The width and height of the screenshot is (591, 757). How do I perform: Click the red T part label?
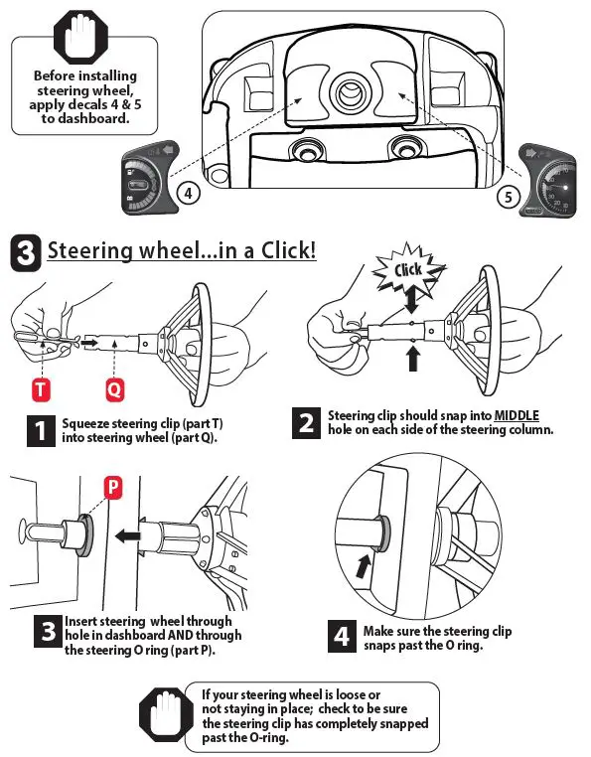pyautogui.click(x=41, y=390)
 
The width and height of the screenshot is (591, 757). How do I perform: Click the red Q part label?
pyautogui.click(x=115, y=390)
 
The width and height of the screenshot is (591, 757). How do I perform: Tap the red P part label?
pyautogui.click(x=113, y=488)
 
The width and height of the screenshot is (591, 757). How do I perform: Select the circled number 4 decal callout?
pyautogui.click(x=188, y=194)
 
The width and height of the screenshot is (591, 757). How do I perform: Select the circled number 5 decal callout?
pyautogui.click(x=508, y=197)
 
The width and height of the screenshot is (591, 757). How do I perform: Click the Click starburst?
pyautogui.click(x=408, y=269)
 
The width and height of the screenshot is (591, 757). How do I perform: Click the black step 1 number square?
pyautogui.click(x=41, y=430)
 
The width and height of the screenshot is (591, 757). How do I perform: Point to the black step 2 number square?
pyautogui.click(x=306, y=423)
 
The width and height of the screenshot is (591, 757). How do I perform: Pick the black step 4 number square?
pyautogui.click(x=342, y=637)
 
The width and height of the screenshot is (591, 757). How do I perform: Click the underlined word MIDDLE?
pyautogui.click(x=517, y=415)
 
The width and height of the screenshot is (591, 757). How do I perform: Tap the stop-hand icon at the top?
pyautogui.click(x=81, y=37)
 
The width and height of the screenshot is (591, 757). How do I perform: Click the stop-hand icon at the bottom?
pyautogui.click(x=166, y=715)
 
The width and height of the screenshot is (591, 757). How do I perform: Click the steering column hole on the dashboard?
pyautogui.click(x=349, y=92)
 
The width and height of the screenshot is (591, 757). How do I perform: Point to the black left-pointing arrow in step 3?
pyautogui.click(x=128, y=535)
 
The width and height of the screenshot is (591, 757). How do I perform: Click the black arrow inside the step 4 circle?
pyautogui.click(x=364, y=566)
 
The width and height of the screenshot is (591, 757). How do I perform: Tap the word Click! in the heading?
pyautogui.click(x=289, y=250)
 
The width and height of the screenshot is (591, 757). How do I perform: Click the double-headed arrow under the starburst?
pyautogui.click(x=411, y=300)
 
